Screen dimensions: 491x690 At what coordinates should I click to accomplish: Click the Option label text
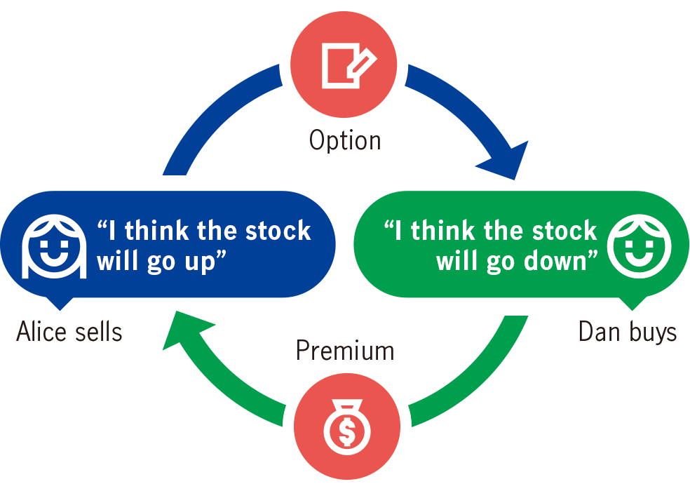click(345, 140)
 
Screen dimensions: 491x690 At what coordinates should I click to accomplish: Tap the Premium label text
click(344, 350)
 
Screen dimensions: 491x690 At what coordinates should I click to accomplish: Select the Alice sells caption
click(69, 332)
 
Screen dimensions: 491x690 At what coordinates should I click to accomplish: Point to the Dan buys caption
click(628, 332)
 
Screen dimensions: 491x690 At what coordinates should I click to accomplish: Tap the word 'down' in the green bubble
click(562, 261)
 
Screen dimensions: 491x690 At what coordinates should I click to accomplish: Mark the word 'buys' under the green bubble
click(653, 332)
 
